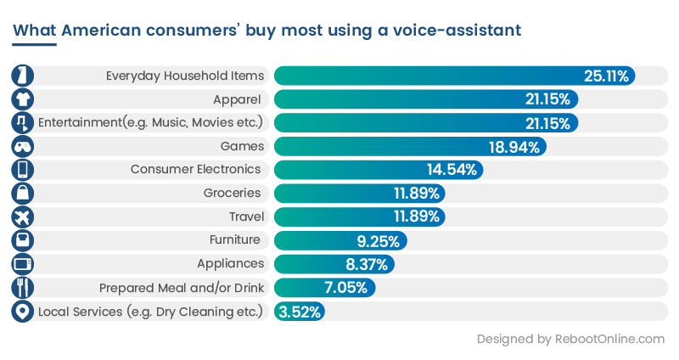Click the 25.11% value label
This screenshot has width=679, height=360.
(606, 76)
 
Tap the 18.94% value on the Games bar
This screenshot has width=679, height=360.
(515, 146)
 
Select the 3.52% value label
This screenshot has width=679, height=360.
(300, 312)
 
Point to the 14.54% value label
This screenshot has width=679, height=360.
(452, 170)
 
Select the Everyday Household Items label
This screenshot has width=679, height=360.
(185, 76)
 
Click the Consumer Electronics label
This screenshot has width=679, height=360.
(197, 170)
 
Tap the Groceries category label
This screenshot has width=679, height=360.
(233, 194)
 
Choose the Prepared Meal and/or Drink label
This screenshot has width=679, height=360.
(182, 288)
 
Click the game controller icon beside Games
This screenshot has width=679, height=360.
(22, 146)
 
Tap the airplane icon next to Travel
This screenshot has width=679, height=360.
(22, 217)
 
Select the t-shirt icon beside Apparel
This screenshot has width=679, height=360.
(22, 99)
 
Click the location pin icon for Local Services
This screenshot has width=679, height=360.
(22, 312)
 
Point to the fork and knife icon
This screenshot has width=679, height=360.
(22, 288)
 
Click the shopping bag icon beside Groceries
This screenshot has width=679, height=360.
(22, 194)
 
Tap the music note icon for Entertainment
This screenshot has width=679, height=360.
(22, 123)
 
